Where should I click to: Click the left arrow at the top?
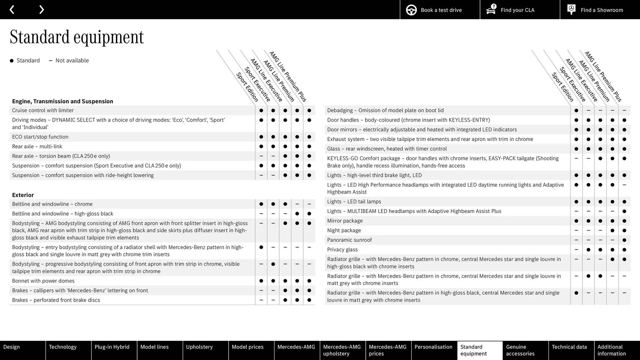point(12,10)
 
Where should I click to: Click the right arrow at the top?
point(41,10)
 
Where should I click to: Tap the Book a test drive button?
point(440,10)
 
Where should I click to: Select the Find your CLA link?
point(520,10)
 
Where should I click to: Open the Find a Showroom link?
point(600,10)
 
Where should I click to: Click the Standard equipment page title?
point(77,37)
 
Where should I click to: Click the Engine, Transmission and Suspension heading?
point(62,101)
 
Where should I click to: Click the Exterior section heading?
point(23,195)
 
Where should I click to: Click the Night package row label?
point(344,230)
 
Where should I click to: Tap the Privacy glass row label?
point(342,250)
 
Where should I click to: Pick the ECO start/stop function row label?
point(40,137)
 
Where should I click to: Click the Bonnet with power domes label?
point(43,281)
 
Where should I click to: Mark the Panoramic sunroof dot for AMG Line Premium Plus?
point(624,240)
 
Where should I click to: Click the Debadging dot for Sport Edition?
point(576,110)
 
